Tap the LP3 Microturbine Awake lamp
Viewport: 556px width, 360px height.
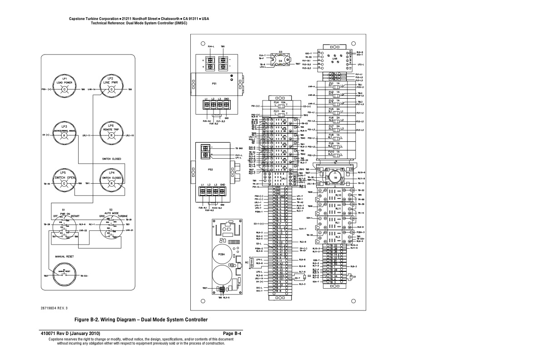pos(65,135)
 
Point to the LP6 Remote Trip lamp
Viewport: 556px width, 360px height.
pos(110,135)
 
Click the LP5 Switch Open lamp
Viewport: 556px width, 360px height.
pos(65,182)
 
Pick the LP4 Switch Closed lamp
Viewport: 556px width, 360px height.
pos(110,182)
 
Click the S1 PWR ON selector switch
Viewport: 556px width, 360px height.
pos(64,227)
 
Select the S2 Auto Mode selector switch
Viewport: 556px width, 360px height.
pos(110,227)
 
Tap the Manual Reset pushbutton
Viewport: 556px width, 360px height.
pos(65,275)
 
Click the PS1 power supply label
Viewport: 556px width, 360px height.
pos(214,84)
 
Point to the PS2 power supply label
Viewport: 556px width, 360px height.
pos(210,170)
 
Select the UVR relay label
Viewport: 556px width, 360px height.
pos(335,59)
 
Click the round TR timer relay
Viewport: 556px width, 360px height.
pos(335,178)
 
